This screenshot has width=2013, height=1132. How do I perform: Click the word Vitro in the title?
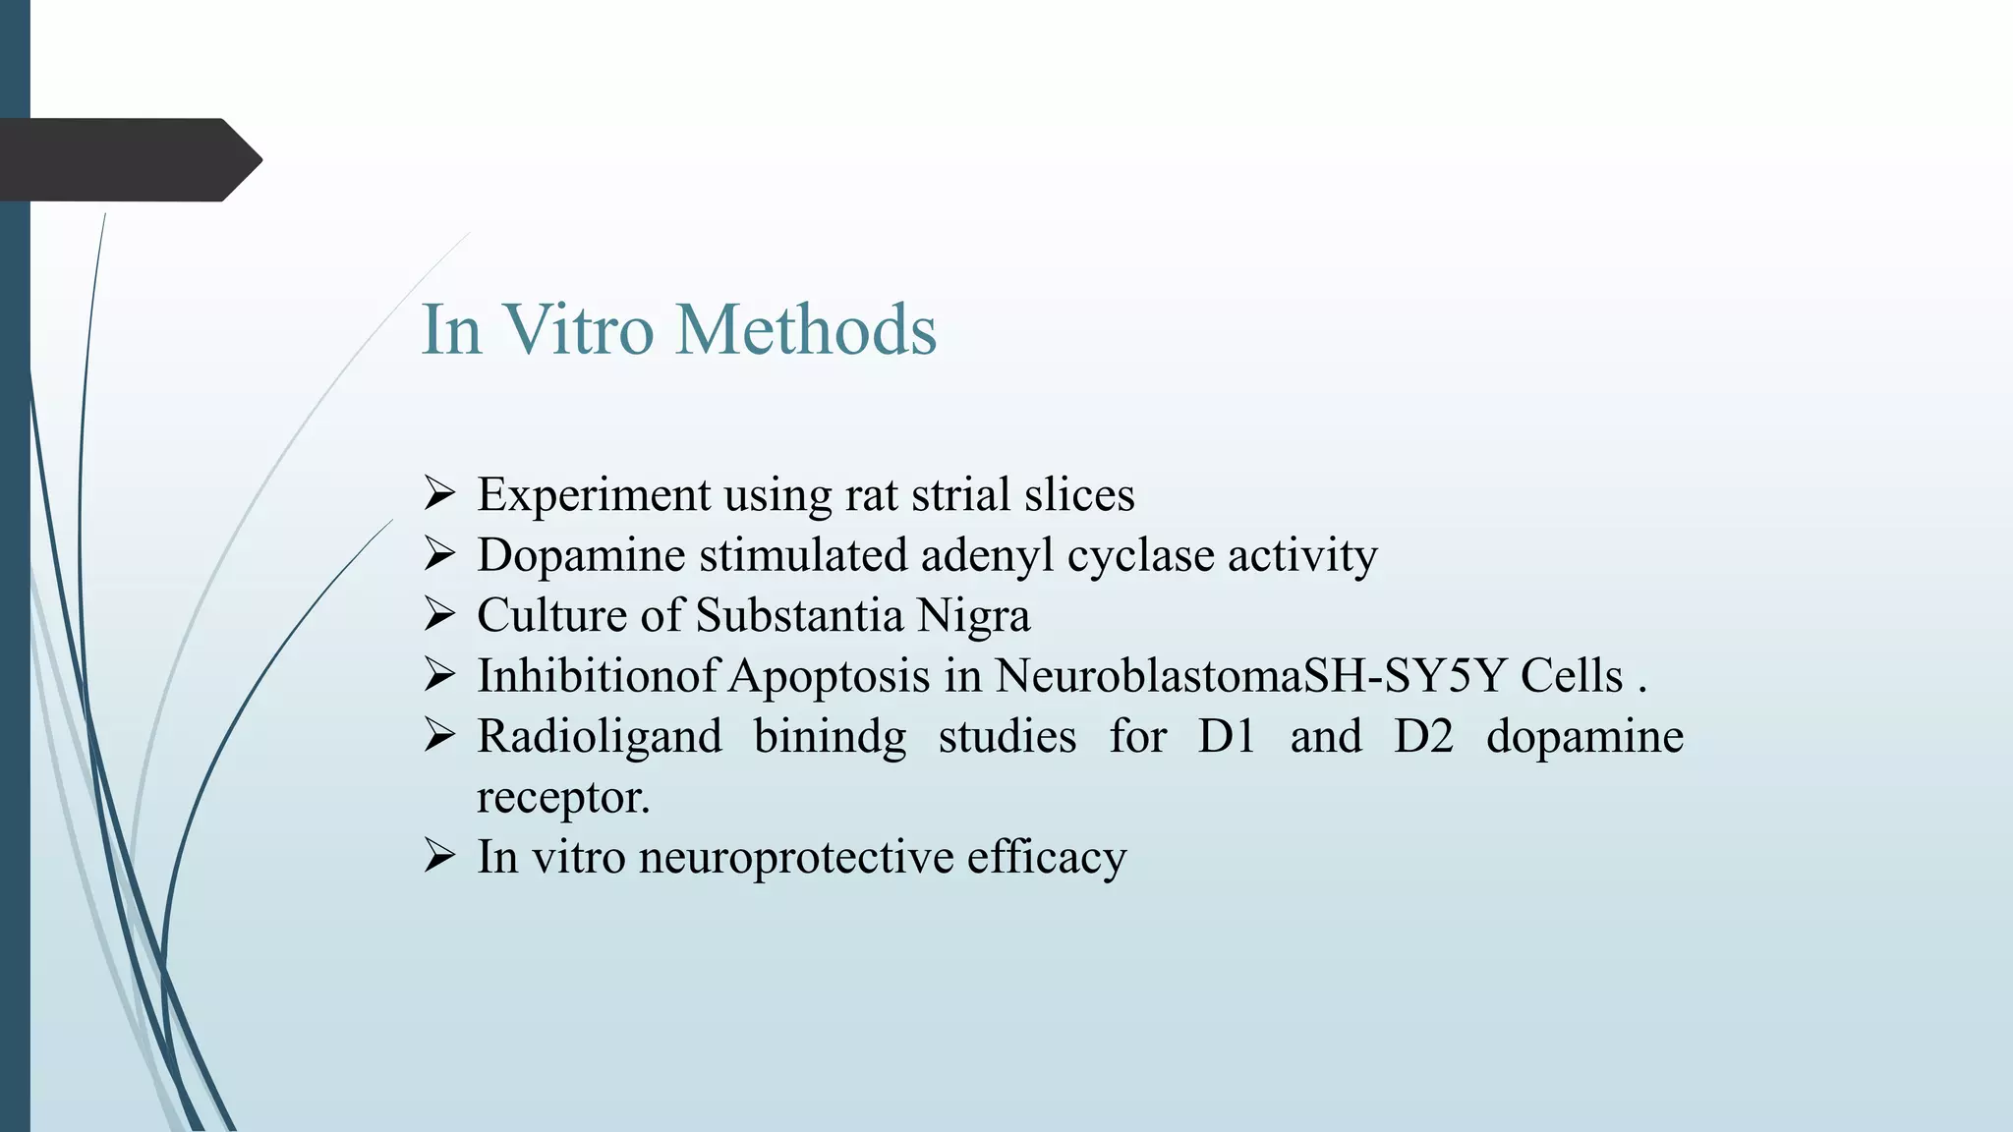pos(579,329)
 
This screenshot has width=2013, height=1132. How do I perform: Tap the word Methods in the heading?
pos(806,329)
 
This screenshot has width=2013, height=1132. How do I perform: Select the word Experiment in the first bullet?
pos(594,495)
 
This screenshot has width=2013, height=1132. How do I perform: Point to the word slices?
pos(1079,494)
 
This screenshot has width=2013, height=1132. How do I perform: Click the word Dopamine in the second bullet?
pos(581,555)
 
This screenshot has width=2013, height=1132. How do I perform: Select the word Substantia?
pos(799,616)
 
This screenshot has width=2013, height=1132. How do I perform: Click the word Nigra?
pos(973,617)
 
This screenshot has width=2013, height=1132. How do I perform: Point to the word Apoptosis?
pos(830,677)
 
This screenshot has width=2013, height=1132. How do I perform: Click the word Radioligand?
pos(600,738)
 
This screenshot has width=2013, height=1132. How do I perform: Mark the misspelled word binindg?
pos(830,738)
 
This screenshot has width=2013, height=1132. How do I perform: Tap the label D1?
pos(1227,737)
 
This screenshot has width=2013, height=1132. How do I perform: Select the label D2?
pos(1423,737)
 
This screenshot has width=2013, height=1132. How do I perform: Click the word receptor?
pos(562,798)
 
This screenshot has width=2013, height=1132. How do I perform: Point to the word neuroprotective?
pos(796,857)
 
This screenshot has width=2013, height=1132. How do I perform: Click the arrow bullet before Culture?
pos(439,615)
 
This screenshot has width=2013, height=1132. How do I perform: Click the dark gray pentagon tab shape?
pos(128,160)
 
